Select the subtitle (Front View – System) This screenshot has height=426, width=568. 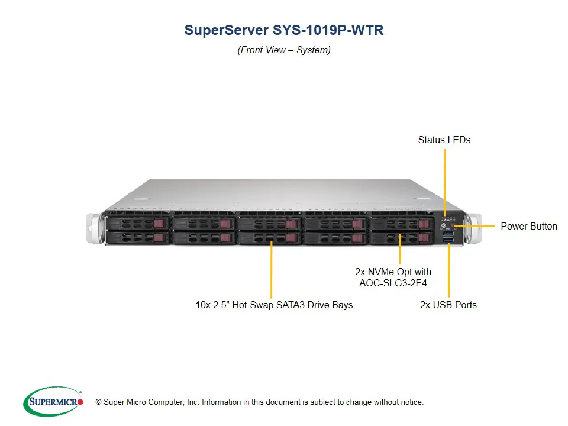pyautogui.click(x=284, y=50)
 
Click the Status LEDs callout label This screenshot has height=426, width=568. pyautogui.click(x=444, y=140)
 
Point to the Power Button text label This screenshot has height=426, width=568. pyautogui.click(x=529, y=226)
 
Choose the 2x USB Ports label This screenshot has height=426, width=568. pyautogui.click(x=448, y=305)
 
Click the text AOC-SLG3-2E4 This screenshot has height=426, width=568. pyautogui.click(x=393, y=283)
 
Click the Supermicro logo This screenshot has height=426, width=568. pyautogui.click(x=53, y=402)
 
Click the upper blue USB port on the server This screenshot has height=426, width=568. pyautogui.click(x=448, y=233)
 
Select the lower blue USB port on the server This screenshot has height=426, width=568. pyautogui.click(x=448, y=240)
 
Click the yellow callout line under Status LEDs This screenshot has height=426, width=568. pyautogui.click(x=444, y=177)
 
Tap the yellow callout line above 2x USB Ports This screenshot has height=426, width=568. pyautogui.click(x=448, y=272)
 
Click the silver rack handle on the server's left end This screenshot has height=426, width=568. pyautogui.click(x=95, y=227)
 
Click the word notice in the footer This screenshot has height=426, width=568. pyautogui.click(x=411, y=402)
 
